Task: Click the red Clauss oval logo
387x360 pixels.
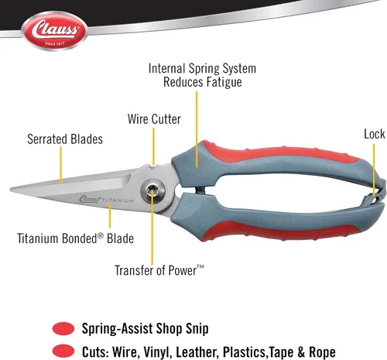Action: pos(54,31)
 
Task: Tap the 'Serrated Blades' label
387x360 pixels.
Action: pos(65,139)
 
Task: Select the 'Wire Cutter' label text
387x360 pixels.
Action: pos(154,119)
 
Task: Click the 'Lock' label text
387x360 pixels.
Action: pos(374,134)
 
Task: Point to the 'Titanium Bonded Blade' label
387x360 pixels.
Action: pos(76,238)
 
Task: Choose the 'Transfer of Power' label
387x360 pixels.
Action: pos(159,270)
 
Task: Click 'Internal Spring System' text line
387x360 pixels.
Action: pos(202,69)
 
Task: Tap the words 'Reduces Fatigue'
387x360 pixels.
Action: pos(203,82)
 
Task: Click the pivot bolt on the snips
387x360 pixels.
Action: pos(152,191)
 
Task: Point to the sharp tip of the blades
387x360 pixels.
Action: pos(11,190)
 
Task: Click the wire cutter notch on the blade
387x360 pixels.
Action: pos(154,167)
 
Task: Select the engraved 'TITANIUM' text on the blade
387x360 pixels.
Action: pos(118,201)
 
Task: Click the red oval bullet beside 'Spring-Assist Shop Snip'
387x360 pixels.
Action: pos(63,329)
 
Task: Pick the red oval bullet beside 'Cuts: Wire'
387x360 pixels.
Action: pos(63,351)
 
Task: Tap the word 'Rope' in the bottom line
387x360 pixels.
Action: pos(322,352)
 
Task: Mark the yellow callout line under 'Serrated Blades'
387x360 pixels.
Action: pos(61,165)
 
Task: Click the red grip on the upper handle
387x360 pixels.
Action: pos(279,153)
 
